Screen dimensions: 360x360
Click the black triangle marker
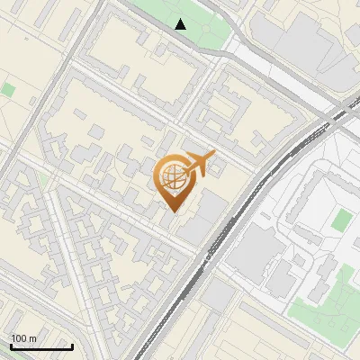[182, 24]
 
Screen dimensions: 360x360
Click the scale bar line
[41, 347]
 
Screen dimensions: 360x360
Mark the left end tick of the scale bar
[11, 346]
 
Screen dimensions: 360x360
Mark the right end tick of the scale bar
[72, 346]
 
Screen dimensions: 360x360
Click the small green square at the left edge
[8, 90]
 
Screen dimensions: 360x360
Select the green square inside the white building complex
[341, 220]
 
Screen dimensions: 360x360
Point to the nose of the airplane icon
[214, 155]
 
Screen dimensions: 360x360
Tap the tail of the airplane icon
[183, 171]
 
